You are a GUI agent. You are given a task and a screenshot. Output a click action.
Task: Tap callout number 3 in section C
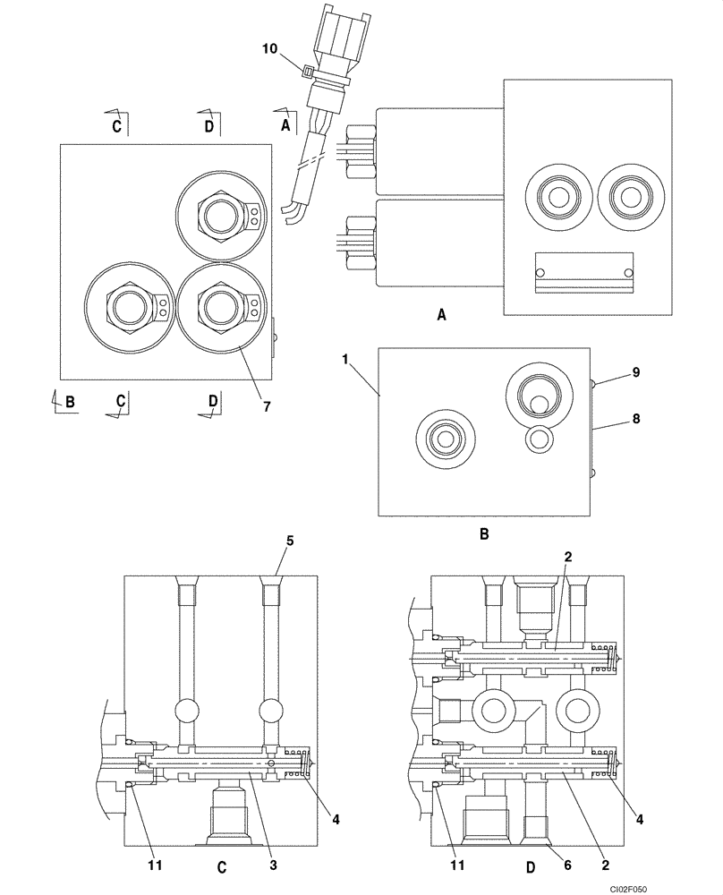tap(274, 865)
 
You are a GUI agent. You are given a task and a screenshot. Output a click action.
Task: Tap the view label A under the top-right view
tap(441, 314)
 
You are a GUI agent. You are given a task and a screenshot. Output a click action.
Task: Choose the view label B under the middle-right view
tap(483, 535)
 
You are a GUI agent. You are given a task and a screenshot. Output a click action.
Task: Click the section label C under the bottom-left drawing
tap(221, 866)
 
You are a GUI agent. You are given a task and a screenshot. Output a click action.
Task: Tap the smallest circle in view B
tap(540, 439)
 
